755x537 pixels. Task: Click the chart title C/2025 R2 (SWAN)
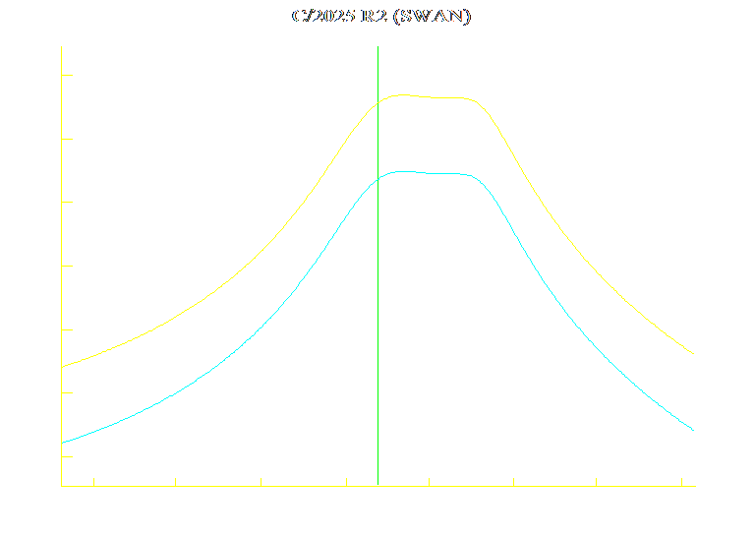point(381,17)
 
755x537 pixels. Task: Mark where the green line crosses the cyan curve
point(377,178)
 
